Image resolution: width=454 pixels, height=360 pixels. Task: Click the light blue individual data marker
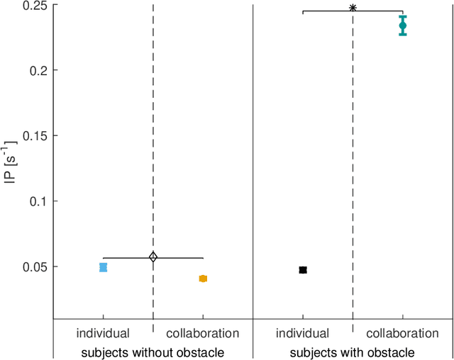(103, 267)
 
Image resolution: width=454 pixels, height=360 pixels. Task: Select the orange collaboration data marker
(203, 279)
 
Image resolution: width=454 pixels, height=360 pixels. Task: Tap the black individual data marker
(303, 270)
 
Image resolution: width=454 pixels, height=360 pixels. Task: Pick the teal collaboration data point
(403, 26)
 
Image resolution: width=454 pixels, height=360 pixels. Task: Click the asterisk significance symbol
(353, 9)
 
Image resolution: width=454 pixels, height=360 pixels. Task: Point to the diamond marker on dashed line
(153, 257)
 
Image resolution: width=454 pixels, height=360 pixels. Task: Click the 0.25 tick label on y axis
(35, 6)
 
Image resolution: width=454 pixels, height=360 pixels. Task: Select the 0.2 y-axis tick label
(38, 71)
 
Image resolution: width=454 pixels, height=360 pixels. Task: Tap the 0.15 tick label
(35, 136)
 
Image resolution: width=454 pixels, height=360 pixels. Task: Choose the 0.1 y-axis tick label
(38, 201)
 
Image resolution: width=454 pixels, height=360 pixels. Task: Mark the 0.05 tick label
(35, 266)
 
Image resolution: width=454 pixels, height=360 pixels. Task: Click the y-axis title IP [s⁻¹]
(9, 162)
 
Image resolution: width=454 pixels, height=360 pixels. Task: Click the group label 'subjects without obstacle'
(153, 352)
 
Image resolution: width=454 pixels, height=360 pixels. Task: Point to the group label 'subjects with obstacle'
(353, 352)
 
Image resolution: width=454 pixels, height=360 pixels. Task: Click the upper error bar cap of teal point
(403, 16)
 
